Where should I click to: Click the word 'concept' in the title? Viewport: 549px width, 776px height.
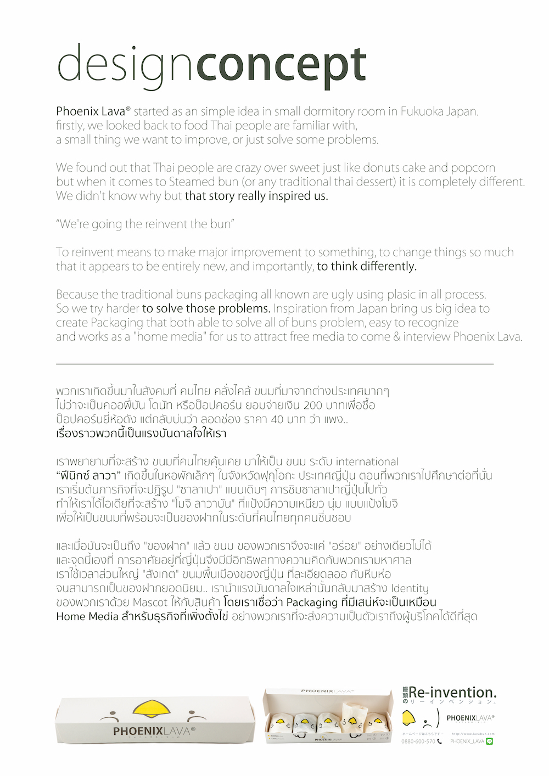281,66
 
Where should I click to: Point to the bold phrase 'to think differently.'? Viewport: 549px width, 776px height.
367,267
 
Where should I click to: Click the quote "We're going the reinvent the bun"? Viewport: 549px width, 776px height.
145,224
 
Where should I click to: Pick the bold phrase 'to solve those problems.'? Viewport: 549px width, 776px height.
206,308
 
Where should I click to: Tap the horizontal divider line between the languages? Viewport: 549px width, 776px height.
274,364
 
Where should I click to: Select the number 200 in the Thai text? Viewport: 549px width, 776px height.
312,406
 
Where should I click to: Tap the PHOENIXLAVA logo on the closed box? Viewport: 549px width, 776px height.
154,732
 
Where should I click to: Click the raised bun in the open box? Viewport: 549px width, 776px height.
352,713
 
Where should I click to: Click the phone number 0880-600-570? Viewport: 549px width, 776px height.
418,741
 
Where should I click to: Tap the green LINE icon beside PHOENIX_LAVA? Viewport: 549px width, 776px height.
489,741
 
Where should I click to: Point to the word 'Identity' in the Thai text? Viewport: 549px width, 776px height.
410,588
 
